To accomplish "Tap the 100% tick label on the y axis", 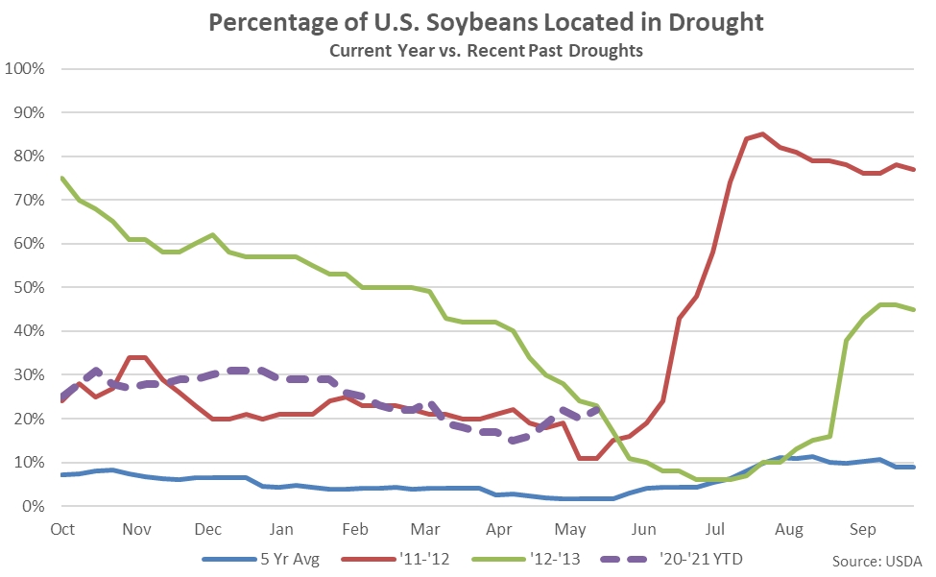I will (25, 69).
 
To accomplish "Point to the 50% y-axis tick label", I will (29, 288).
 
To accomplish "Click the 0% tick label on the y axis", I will (33, 507).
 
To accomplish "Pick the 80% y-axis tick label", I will (29, 156).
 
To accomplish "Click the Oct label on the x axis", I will (62, 528).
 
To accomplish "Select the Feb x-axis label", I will (355, 528).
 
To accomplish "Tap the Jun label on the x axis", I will (644, 528).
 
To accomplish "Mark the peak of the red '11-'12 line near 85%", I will (762, 133).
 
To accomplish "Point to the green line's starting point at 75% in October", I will (61, 178).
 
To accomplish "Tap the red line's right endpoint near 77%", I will (912, 169).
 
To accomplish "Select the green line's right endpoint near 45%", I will (912, 309).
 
